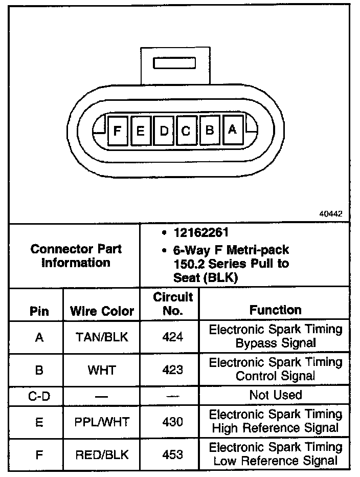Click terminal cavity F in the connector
[x=117, y=131]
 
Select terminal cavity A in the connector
[x=232, y=130]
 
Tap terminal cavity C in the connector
[x=186, y=131]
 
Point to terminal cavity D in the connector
[x=164, y=131]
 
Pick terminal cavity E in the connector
[x=140, y=131]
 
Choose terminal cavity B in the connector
[x=209, y=130]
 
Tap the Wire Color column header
[x=102, y=311]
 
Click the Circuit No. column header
[x=173, y=303]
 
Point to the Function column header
[x=275, y=310]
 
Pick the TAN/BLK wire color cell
[x=102, y=337]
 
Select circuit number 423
[x=172, y=369]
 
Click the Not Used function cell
[x=275, y=395]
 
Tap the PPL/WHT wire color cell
[x=102, y=422]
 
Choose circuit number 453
[x=172, y=454]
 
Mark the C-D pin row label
[x=39, y=395]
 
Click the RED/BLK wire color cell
[x=102, y=454]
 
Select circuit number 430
[x=172, y=422]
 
